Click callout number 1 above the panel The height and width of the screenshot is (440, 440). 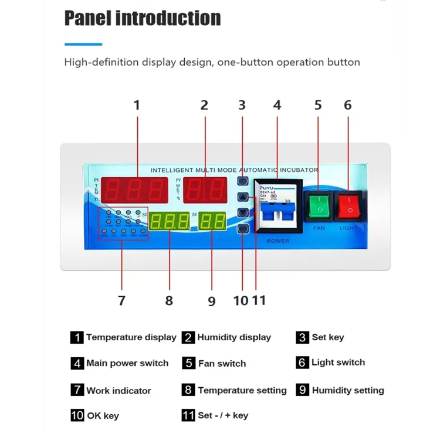(137, 106)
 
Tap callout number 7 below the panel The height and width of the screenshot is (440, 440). (121, 300)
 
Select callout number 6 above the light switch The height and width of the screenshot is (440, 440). (347, 106)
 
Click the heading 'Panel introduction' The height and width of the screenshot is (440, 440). (143, 18)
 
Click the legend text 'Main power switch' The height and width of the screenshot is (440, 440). (127, 363)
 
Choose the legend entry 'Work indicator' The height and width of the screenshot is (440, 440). (119, 390)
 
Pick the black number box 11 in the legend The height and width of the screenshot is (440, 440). (188, 415)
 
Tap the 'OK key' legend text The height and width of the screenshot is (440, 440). (103, 415)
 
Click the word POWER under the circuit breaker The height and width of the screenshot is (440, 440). (277, 241)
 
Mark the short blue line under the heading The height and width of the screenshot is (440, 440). (83, 44)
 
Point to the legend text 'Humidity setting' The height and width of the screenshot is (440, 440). (348, 390)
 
